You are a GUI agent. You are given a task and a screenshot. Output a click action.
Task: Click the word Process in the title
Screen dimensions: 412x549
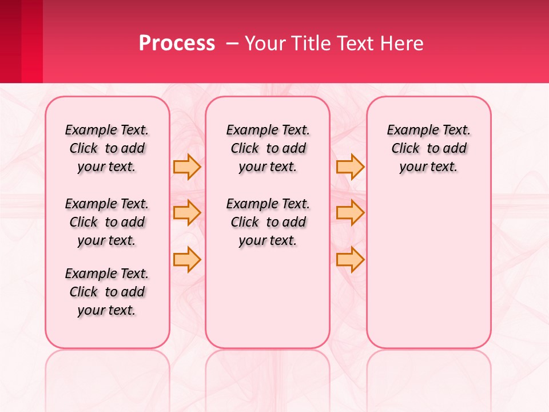tap(177, 43)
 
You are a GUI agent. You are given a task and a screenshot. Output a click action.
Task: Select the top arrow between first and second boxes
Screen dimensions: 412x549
tap(187, 167)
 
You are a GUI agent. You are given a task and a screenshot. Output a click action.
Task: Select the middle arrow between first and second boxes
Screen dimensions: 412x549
tap(187, 213)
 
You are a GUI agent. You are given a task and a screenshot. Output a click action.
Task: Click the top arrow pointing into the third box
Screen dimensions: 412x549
tap(350, 167)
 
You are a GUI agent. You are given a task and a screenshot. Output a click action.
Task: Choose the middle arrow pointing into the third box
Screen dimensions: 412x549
tap(350, 213)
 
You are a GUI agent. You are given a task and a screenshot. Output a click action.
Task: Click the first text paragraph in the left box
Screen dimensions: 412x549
tap(107, 148)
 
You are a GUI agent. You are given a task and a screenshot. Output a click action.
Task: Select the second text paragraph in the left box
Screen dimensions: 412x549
tap(107, 222)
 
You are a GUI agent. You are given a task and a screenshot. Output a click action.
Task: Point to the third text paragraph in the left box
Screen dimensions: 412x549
tap(107, 292)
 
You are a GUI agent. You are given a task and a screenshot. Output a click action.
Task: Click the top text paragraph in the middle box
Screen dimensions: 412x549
tap(268, 148)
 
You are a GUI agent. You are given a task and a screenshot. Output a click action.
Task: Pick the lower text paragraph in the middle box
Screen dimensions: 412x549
tap(268, 222)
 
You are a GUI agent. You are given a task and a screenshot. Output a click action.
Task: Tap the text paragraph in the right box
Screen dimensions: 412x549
tap(429, 148)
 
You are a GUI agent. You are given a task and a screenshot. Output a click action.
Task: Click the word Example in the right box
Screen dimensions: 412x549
tap(408, 130)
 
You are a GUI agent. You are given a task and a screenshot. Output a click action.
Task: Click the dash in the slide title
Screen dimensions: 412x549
tap(232, 43)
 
